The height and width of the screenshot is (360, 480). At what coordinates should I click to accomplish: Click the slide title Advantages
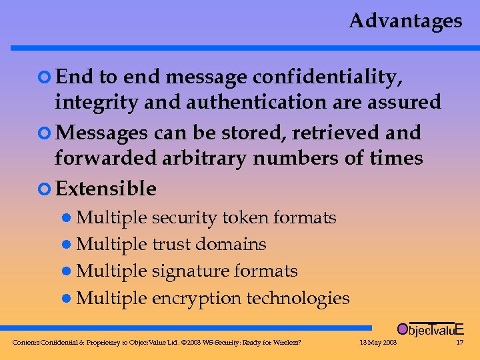point(405,21)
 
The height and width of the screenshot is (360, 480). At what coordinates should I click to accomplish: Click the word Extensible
point(106,189)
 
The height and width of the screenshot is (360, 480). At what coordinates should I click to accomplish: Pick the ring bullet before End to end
point(45,78)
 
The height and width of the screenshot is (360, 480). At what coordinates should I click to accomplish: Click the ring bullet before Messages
point(45,133)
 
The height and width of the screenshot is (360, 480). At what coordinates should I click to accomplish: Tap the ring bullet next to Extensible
point(45,189)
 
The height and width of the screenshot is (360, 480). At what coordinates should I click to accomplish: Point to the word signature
point(189,271)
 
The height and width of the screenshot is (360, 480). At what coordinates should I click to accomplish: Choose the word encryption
point(197,298)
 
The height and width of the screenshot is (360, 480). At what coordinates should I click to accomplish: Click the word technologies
point(298,298)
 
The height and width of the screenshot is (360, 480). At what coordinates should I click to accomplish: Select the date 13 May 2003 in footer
point(378,343)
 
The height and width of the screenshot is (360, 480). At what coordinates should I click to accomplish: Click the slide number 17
point(459,343)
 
